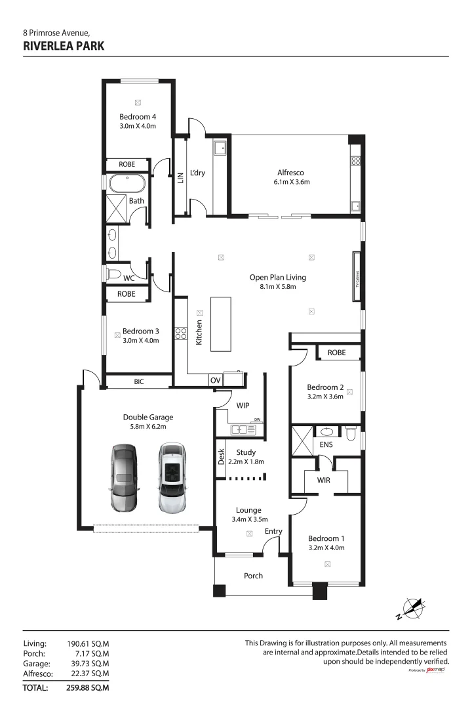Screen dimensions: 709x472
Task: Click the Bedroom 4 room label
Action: [137, 117]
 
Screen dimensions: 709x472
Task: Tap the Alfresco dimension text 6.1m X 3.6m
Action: [291, 182]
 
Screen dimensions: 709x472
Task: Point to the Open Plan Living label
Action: [277, 277]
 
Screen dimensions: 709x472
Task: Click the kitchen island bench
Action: [221, 324]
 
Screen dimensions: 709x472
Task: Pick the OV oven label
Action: [215, 380]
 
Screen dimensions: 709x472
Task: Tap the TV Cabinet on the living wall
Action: [357, 276]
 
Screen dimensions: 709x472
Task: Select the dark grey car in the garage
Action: [123, 478]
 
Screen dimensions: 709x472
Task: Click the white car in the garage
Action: [172, 478]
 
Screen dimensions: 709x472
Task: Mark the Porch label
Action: [253, 576]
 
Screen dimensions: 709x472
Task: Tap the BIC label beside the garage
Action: [138, 381]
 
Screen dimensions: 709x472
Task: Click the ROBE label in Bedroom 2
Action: [336, 353]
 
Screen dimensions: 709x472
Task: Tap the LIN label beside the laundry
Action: [180, 177]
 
